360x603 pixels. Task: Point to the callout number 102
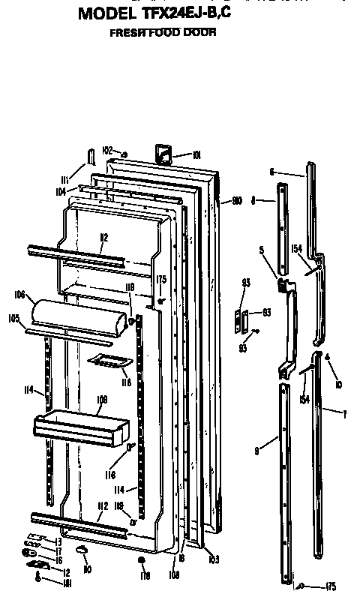(106, 150)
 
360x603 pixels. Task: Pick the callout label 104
(61, 192)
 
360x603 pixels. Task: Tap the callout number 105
(14, 318)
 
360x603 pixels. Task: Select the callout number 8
(253, 200)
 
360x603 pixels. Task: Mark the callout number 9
(256, 451)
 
